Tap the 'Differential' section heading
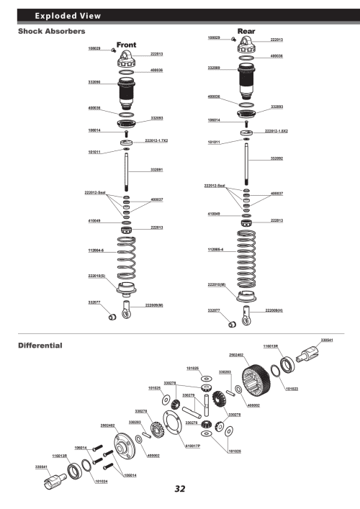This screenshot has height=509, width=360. pyautogui.click(x=40, y=345)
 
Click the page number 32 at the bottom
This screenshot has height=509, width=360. pyautogui.click(x=180, y=489)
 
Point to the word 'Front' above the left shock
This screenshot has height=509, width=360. pyautogui.click(x=127, y=45)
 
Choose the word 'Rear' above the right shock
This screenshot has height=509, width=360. pyautogui.click(x=247, y=31)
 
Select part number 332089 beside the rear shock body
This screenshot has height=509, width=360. pyautogui.click(x=214, y=68)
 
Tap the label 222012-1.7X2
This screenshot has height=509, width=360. pyautogui.click(x=156, y=140)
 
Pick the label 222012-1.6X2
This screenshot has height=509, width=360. pyautogui.click(x=276, y=131)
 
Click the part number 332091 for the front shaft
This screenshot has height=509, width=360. pyautogui.click(x=156, y=169)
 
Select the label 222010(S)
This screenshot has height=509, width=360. pyautogui.click(x=96, y=275)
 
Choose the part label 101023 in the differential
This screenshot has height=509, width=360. pyautogui.click(x=292, y=389)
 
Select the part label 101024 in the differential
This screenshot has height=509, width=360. pyautogui.click(x=102, y=482)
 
